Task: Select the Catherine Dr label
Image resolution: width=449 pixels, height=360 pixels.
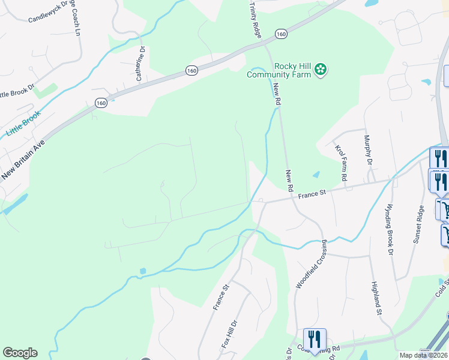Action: click(x=140, y=64)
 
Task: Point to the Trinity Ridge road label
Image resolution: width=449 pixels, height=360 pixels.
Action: click(x=255, y=20)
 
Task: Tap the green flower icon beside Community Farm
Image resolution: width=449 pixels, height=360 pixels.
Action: click(x=321, y=70)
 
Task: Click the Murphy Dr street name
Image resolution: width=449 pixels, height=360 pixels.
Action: click(x=368, y=151)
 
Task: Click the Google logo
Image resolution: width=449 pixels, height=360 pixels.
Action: click(x=20, y=353)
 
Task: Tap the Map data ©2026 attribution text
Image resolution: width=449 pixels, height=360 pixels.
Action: click(x=424, y=355)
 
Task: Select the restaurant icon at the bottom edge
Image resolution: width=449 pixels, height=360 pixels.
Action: click(x=315, y=340)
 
